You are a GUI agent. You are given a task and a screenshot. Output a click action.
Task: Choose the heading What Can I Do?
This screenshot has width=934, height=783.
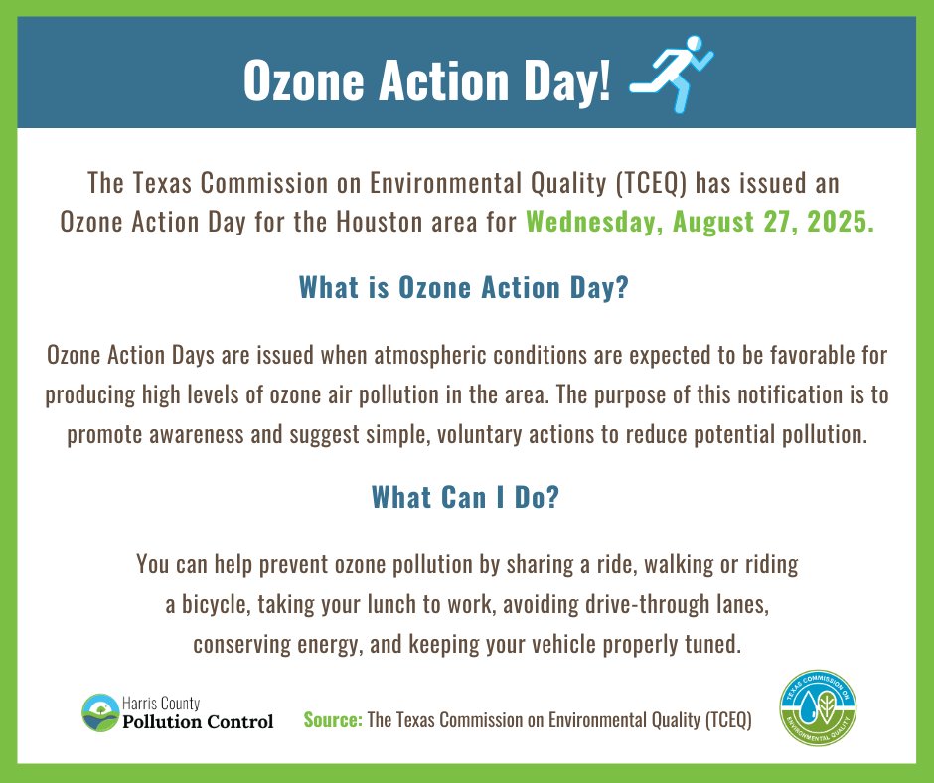pyautogui.click(x=466, y=497)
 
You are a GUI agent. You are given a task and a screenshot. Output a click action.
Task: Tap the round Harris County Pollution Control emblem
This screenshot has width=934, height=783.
pyautogui.click(x=99, y=712)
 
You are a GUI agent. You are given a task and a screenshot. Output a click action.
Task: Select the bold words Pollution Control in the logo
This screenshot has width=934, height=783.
pyautogui.click(x=198, y=722)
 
